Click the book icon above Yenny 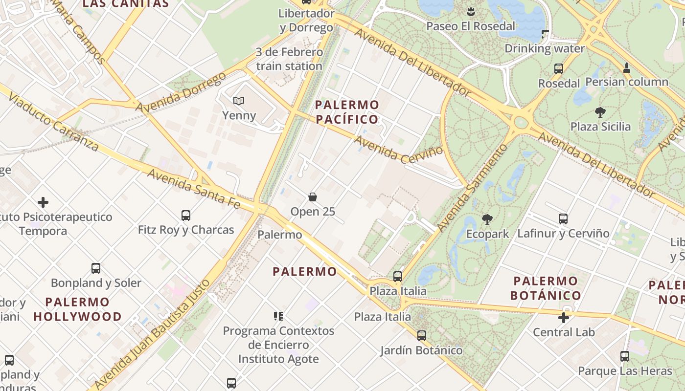(x=239, y=101)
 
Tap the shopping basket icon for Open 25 (x=313, y=197)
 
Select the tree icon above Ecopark (x=487, y=219)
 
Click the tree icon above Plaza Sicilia (x=600, y=112)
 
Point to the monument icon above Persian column (x=626, y=67)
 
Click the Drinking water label (x=545, y=48)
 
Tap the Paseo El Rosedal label (x=471, y=26)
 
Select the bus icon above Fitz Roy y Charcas (x=186, y=215)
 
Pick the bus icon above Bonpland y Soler (x=96, y=268)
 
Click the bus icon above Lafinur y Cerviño (x=563, y=219)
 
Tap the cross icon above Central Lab (x=564, y=318)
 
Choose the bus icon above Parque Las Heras (x=625, y=356)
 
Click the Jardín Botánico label (x=422, y=350)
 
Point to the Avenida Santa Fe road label (x=194, y=188)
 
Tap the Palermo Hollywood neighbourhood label (x=77, y=309)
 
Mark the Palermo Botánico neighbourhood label (x=546, y=288)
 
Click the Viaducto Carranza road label (x=53, y=120)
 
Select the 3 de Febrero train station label (x=289, y=59)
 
